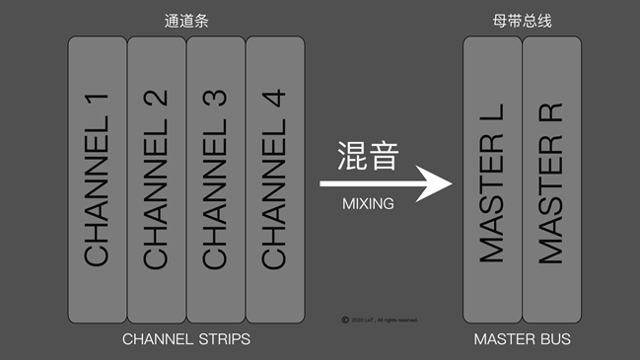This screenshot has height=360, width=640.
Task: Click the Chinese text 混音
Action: pos(367,155)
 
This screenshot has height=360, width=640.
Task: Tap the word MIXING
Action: pos(368,204)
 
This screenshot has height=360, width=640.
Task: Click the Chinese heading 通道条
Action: pos(185,19)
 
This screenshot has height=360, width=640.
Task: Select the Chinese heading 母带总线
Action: pos(522,19)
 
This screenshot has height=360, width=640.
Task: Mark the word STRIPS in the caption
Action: pos(222,339)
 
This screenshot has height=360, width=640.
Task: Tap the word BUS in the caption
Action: pos(554,339)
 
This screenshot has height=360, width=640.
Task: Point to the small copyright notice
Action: pos(380,320)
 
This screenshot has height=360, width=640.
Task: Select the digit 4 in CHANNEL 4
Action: pos(275,104)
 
